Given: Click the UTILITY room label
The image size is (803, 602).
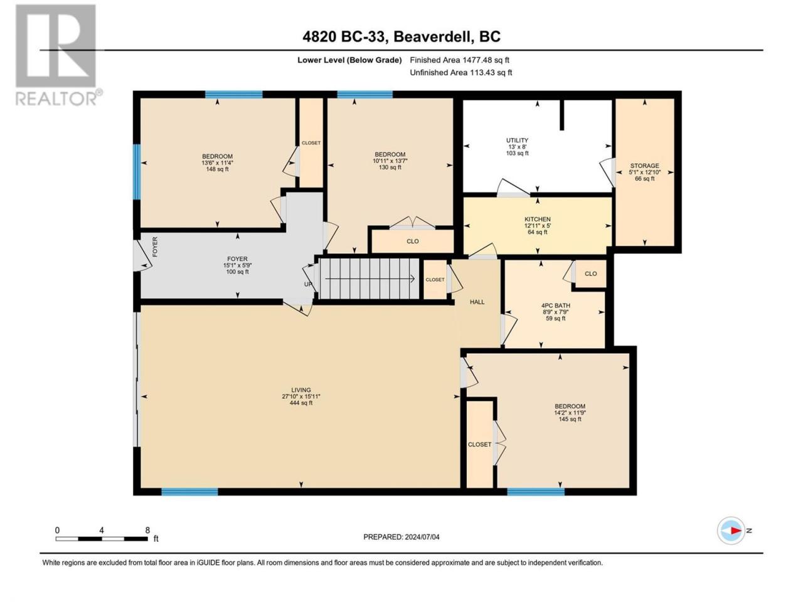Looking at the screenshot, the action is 517,140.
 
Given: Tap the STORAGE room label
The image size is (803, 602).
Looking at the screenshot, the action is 644,166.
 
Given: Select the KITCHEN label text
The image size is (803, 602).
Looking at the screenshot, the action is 538,219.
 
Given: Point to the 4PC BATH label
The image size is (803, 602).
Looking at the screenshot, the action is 555,305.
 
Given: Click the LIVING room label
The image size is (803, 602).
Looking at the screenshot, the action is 300,390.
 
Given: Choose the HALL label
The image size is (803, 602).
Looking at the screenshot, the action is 477,302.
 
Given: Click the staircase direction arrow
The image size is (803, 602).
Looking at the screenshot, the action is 370,279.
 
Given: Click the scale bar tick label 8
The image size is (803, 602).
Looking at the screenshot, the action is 147,530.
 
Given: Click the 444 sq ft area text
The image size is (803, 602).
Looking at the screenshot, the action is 300,403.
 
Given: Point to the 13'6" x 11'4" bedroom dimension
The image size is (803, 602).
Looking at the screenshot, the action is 217,162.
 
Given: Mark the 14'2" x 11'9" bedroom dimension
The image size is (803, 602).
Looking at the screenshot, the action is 570,413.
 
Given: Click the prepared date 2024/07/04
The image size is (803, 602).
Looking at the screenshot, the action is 421,537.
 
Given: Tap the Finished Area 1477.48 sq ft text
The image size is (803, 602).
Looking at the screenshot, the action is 459,60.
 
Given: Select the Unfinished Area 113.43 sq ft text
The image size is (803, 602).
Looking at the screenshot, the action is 460,72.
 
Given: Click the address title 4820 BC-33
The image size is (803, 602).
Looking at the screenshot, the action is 345,36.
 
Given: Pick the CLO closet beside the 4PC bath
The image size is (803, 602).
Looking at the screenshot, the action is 590,273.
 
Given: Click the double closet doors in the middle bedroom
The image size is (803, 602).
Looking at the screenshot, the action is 412,223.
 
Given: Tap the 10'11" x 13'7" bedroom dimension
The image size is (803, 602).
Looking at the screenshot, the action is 390,161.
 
